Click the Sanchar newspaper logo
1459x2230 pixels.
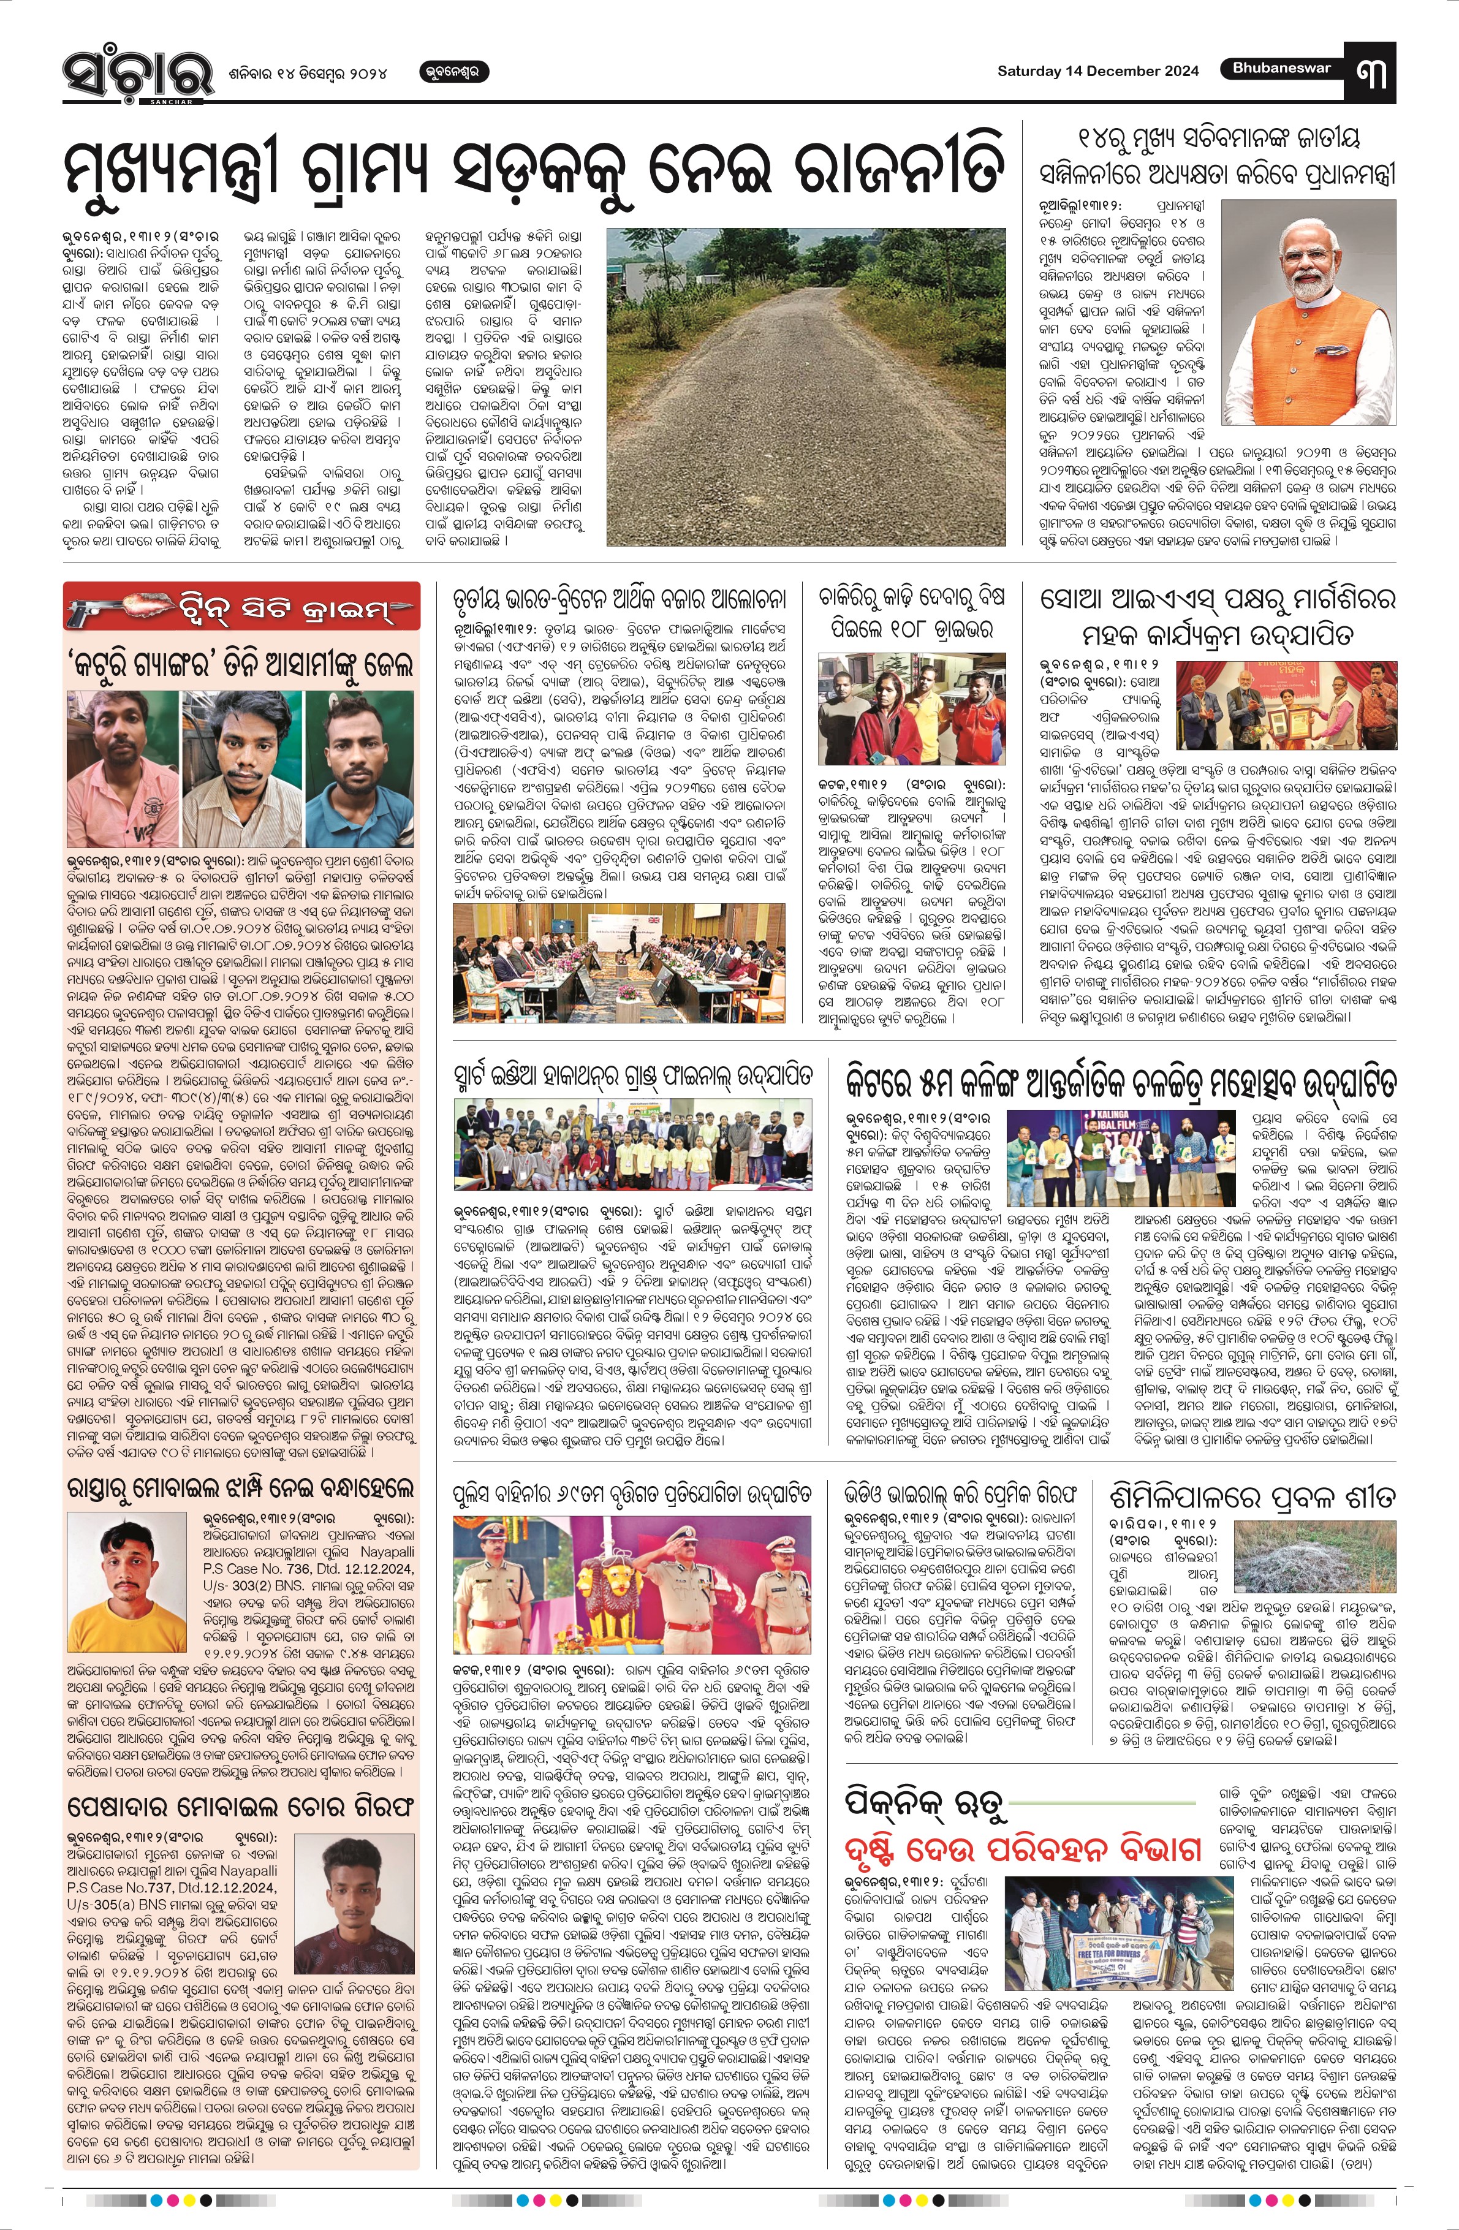126,72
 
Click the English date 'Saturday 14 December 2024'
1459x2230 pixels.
1097,71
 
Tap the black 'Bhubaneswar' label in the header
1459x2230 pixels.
1280,69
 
